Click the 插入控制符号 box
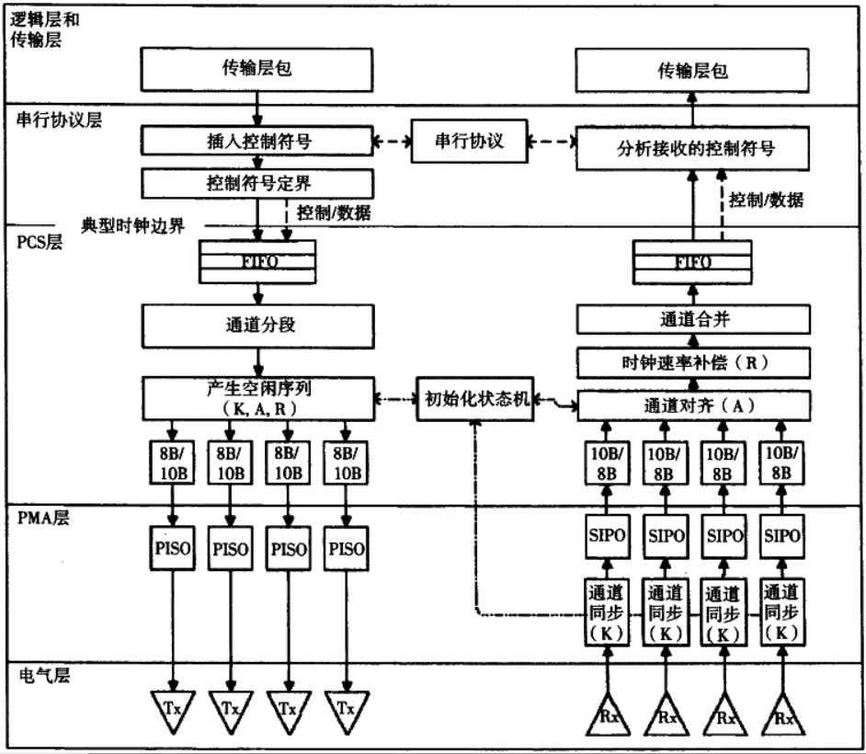click(x=256, y=142)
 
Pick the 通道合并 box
click(x=693, y=319)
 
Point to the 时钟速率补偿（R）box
click(x=693, y=361)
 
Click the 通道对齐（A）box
click(x=693, y=404)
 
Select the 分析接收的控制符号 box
click(x=693, y=147)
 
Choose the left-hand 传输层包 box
click(x=256, y=69)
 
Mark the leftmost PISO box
click(x=171, y=548)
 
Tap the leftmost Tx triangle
click(x=171, y=709)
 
